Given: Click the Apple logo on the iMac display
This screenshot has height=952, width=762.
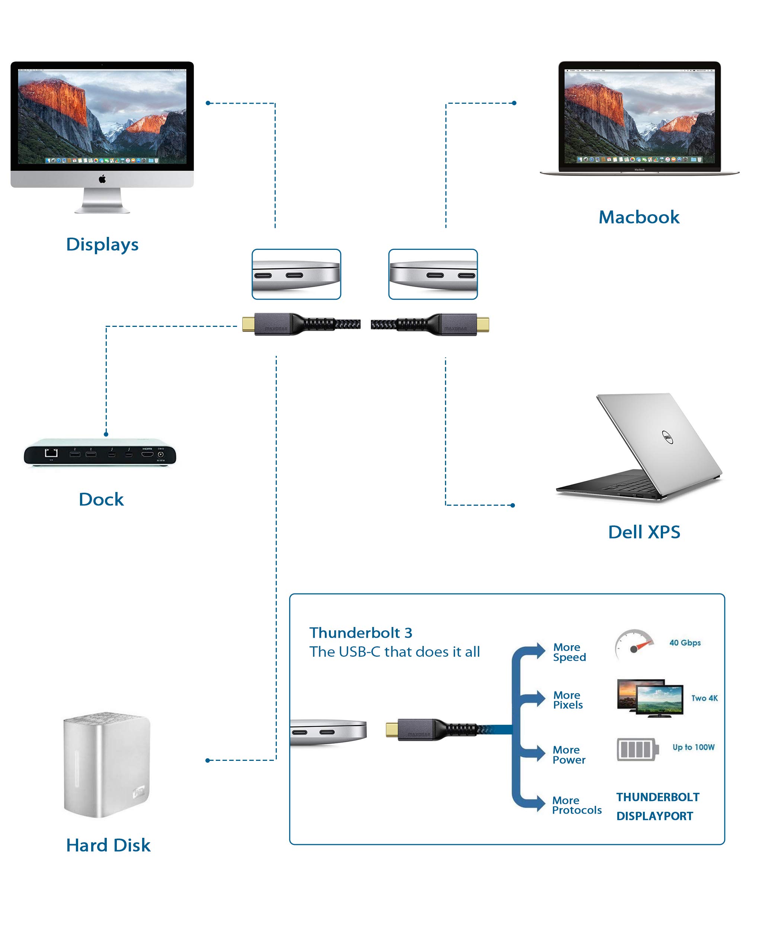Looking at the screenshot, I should (x=102, y=179).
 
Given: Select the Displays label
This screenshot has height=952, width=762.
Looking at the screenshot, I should (x=102, y=245).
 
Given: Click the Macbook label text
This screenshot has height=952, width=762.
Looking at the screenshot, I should (x=639, y=217).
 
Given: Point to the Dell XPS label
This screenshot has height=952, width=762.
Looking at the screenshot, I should (x=644, y=532).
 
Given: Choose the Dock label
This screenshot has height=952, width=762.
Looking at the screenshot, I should (x=101, y=499).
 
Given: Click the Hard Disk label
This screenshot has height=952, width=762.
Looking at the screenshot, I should (x=108, y=845).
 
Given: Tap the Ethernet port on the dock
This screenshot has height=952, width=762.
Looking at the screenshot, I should (x=51, y=453).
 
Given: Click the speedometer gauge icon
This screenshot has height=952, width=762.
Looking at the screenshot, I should (x=634, y=645).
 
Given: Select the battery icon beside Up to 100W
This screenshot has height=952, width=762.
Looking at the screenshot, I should (x=637, y=749).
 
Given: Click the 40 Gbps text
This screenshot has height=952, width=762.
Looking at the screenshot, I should (x=685, y=643).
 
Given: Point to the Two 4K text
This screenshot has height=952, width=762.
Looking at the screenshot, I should (x=704, y=698).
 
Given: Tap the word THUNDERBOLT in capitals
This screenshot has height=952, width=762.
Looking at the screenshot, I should (x=658, y=797).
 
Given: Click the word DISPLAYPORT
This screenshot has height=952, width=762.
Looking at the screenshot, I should (x=654, y=816).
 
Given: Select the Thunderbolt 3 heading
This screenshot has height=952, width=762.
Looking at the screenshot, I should (x=361, y=633).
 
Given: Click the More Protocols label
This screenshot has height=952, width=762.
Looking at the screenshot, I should (x=576, y=805).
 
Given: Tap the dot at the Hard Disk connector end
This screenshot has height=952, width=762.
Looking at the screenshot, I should (x=208, y=760).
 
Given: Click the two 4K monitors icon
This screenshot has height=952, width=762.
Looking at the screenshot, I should (x=650, y=698).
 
